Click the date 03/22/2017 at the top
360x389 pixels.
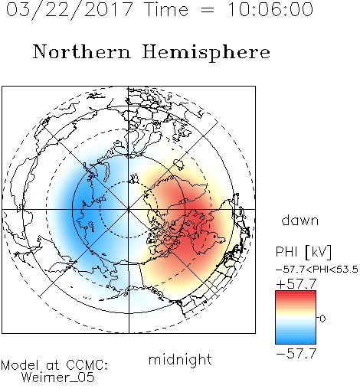tap(70, 10)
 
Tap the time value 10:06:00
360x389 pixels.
tap(270, 9)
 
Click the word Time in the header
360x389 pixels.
tap(166, 9)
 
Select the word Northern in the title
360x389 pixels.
tap(82, 51)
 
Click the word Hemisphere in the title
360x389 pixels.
tap(206, 53)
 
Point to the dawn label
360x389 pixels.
tap(300, 220)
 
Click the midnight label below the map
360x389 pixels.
tap(180, 359)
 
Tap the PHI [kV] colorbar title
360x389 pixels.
tap(303, 252)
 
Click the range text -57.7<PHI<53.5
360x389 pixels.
tap(317, 270)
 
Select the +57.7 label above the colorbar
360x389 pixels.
tap(296, 284)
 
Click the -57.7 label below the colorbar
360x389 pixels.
tap(296, 354)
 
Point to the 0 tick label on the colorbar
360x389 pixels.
tap(322, 319)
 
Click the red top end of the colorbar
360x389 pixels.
tap(296, 293)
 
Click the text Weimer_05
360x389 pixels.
tap(58, 378)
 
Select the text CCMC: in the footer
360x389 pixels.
tap(87, 365)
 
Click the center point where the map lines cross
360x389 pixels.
tap(129, 210)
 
